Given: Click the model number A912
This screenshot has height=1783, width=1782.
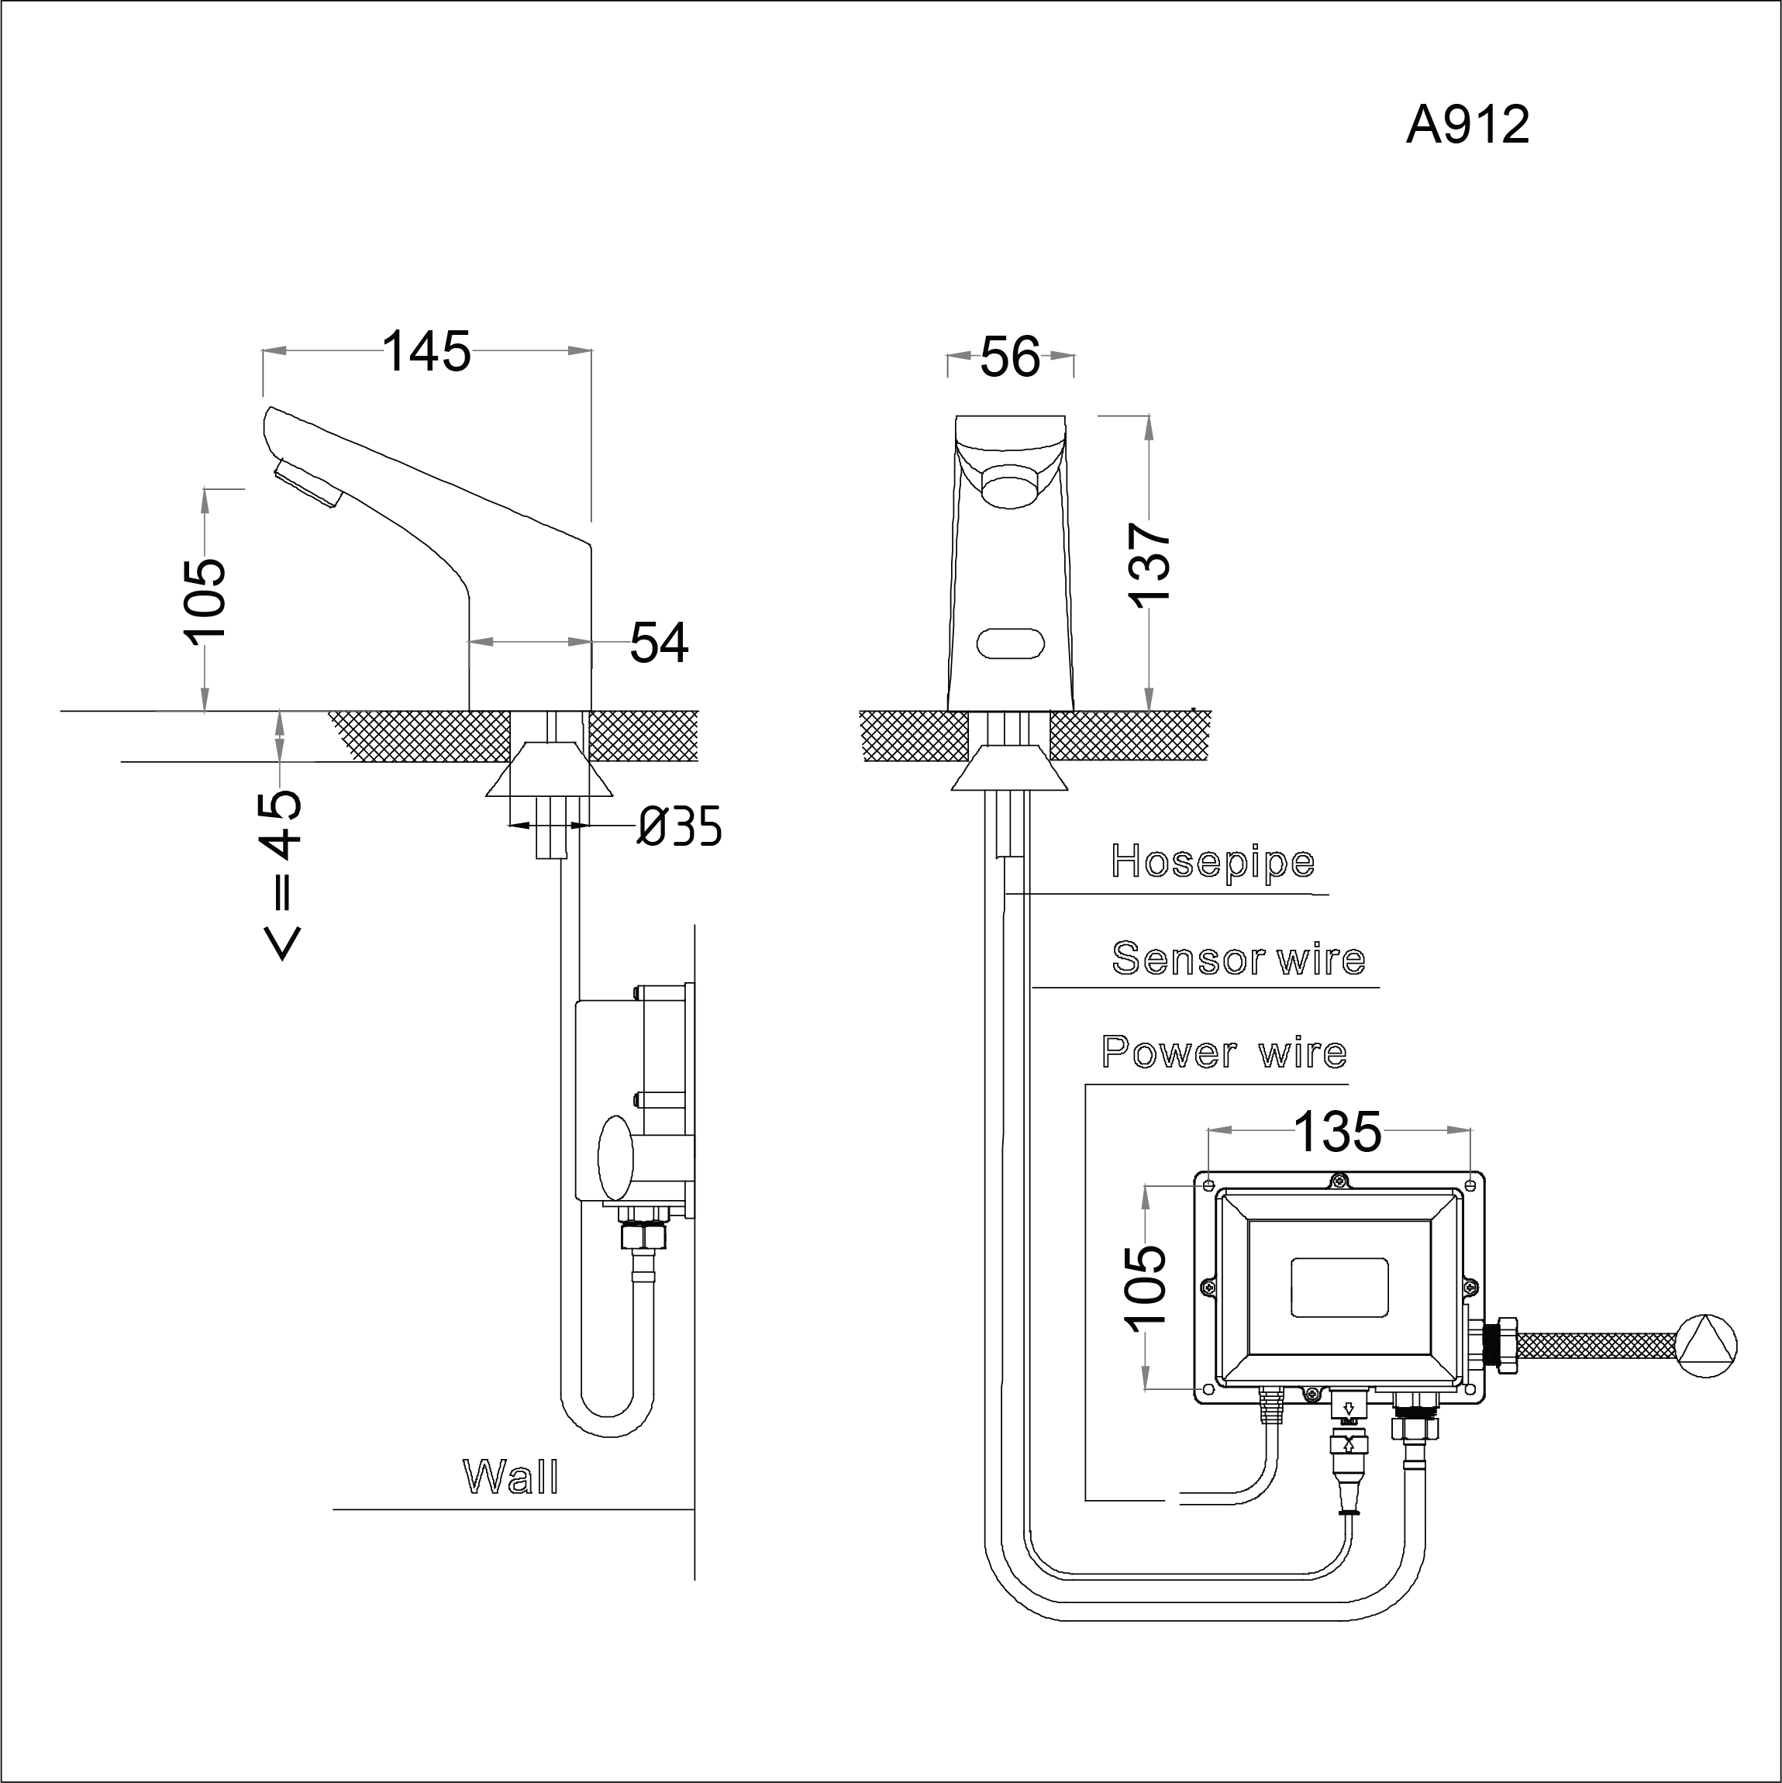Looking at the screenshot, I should pos(1467,125).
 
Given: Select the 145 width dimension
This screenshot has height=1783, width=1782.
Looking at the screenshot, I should pos(426,352).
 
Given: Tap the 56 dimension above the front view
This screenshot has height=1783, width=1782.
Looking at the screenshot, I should pos(1009,357).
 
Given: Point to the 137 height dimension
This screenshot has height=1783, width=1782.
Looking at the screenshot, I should pos(1150,564).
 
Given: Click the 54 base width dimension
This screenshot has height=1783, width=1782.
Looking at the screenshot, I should pos(659,643).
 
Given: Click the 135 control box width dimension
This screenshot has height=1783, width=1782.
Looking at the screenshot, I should pos(1338,1132).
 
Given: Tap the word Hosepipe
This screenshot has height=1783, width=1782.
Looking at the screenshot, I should pos(1212,862).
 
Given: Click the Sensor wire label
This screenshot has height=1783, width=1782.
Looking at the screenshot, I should pos(1239,959).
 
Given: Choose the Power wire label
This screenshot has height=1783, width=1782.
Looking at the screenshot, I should pos(1224,1052).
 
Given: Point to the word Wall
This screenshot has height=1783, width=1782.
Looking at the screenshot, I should pos(510,1477).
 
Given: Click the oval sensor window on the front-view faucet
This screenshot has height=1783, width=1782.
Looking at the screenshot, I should pos(1009,643).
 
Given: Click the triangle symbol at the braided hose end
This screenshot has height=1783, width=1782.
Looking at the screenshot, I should pos(1706,1347).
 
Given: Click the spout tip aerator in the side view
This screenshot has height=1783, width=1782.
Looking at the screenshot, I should pos(307,485).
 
